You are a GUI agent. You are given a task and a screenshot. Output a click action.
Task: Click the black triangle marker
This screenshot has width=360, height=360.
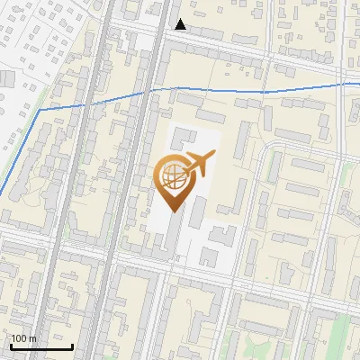tap(181, 24)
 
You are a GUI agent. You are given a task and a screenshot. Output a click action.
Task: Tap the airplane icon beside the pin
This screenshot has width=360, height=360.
tap(199, 165)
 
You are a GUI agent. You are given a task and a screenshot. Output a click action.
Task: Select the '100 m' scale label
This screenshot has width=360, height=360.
tap(24, 338)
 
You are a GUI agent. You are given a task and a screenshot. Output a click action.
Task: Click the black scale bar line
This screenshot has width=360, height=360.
tap(41, 346)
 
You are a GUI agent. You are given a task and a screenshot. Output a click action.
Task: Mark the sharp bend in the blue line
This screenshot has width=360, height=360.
tap(40, 110)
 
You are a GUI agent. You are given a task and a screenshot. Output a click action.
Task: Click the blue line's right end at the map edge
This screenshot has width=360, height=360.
tap(358, 84)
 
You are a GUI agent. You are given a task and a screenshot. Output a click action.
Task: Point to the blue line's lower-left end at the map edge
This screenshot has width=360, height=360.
tap(1, 194)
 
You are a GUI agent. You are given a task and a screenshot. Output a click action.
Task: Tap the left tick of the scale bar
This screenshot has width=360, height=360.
tap(11, 345)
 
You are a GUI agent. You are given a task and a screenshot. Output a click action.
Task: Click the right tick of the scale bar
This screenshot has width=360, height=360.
tap(72, 345)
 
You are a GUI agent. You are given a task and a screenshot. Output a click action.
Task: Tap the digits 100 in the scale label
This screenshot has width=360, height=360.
tap(21, 338)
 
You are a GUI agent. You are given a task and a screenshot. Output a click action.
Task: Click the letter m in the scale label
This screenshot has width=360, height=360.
tap(33, 338)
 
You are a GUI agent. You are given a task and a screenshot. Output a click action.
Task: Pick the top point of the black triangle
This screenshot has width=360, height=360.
tap(181, 19)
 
